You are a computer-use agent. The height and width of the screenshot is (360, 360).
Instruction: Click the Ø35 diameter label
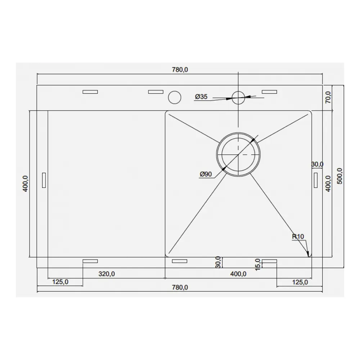pos(201,96)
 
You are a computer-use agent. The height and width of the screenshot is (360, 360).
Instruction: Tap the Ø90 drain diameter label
pos(206,174)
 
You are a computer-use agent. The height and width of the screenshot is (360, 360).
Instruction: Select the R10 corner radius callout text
pos(298,236)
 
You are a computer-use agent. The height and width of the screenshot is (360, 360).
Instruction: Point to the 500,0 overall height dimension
pos(340,176)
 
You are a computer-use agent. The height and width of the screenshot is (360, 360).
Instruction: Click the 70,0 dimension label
pos(328,97)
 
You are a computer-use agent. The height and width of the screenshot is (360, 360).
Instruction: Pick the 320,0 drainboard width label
pos(107,274)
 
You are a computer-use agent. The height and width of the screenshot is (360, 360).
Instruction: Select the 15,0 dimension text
pos(258,265)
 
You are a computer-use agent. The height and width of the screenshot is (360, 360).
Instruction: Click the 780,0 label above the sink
pos(180,69)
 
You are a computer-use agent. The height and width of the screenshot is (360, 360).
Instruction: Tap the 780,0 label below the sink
pos(180,287)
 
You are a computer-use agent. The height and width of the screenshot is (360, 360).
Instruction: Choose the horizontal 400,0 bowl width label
pos(238,274)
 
